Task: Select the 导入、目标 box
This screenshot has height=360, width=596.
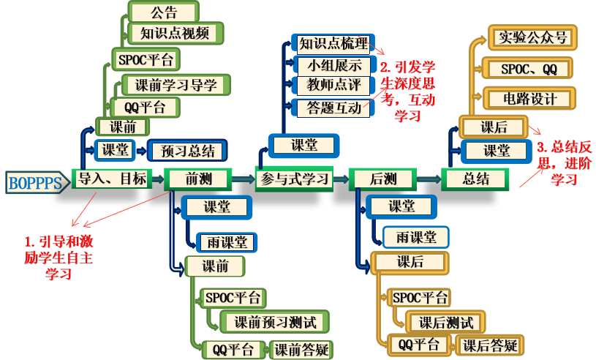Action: tap(112, 178)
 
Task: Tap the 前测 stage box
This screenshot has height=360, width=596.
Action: tap(197, 179)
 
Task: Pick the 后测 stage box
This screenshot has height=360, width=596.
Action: tap(382, 179)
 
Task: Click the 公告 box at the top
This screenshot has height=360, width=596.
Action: tap(164, 13)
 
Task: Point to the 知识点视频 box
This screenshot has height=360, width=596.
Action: tap(175, 33)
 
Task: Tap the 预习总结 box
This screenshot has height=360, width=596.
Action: tap(188, 151)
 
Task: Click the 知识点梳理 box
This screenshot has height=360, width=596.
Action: tap(333, 44)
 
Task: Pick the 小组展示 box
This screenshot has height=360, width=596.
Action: tap(334, 65)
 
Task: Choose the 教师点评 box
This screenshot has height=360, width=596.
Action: tap(334, 86)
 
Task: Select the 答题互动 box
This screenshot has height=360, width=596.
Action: tap(333, 108)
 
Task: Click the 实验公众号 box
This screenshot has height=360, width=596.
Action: tap(531, 37)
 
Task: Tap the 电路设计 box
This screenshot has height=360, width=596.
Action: tap(529, 98)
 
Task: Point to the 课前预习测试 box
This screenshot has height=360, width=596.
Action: tap(275, 321)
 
